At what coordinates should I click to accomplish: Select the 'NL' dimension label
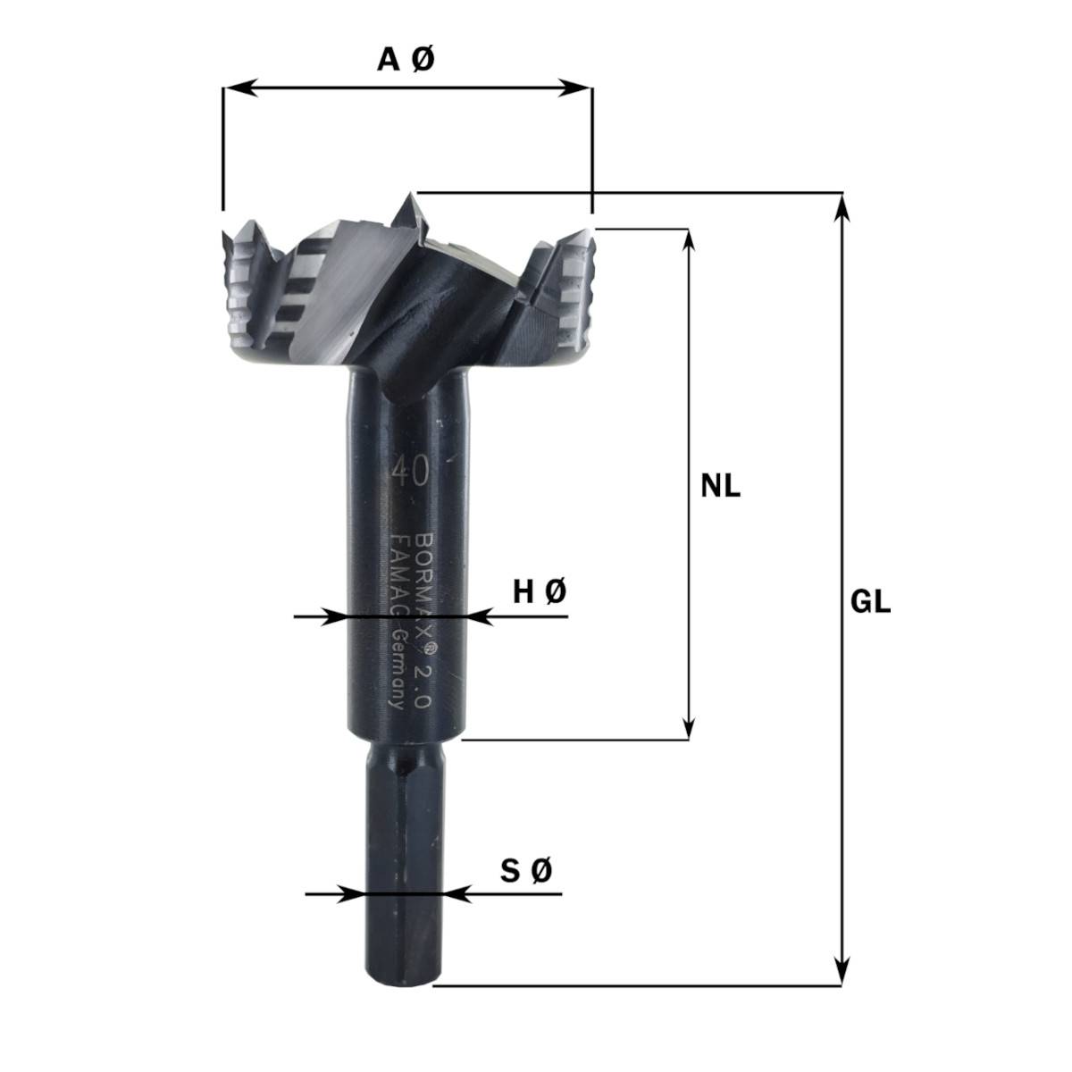coord(720,487)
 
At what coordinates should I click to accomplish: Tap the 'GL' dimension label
coord(870,603)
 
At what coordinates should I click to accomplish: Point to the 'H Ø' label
coord(539,590)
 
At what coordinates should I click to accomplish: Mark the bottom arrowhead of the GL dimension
coord(841,975)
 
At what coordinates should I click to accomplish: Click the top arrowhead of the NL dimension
coord(688,239)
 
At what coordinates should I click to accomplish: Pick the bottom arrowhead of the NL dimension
coord(688,729)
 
